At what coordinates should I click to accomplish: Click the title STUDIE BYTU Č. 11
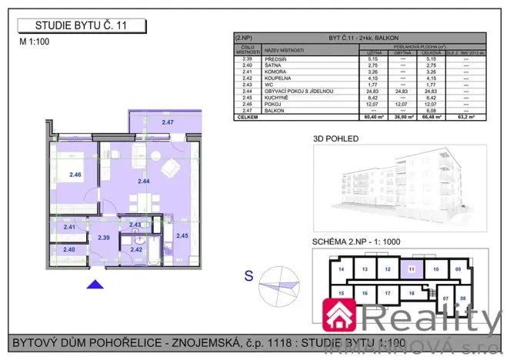click(81, 26)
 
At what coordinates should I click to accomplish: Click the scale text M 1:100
click(34, 42)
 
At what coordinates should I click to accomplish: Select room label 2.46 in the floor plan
click(75, 175)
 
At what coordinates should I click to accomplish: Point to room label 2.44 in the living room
click(144, 182)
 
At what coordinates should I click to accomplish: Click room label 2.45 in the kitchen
click(182, 235)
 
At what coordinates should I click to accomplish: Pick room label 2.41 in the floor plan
click(69, 227)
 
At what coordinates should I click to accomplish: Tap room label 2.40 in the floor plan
click(69, 249)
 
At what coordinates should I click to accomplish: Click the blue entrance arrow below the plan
click(95, 285)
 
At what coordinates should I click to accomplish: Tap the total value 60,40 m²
click(372, 116)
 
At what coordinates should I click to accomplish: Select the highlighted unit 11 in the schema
click(412, 269)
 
